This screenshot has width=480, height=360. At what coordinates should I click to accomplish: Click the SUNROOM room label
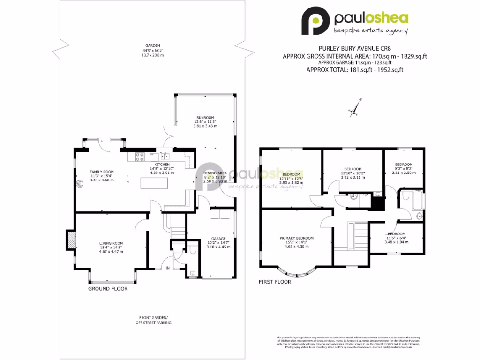click(205, 117)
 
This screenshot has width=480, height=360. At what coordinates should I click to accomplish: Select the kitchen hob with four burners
click(139, 156)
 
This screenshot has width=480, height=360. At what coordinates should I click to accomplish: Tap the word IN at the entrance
click(168, 268)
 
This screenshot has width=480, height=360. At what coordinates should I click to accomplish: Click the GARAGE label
click(218, 238)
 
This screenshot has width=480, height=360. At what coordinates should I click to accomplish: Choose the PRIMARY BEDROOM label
click(296, 238)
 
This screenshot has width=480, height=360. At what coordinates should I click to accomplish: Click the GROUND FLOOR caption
click(108, 289)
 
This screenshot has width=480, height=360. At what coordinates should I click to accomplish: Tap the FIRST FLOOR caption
click(275, 282)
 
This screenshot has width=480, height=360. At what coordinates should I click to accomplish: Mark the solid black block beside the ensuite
click(377, 203)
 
